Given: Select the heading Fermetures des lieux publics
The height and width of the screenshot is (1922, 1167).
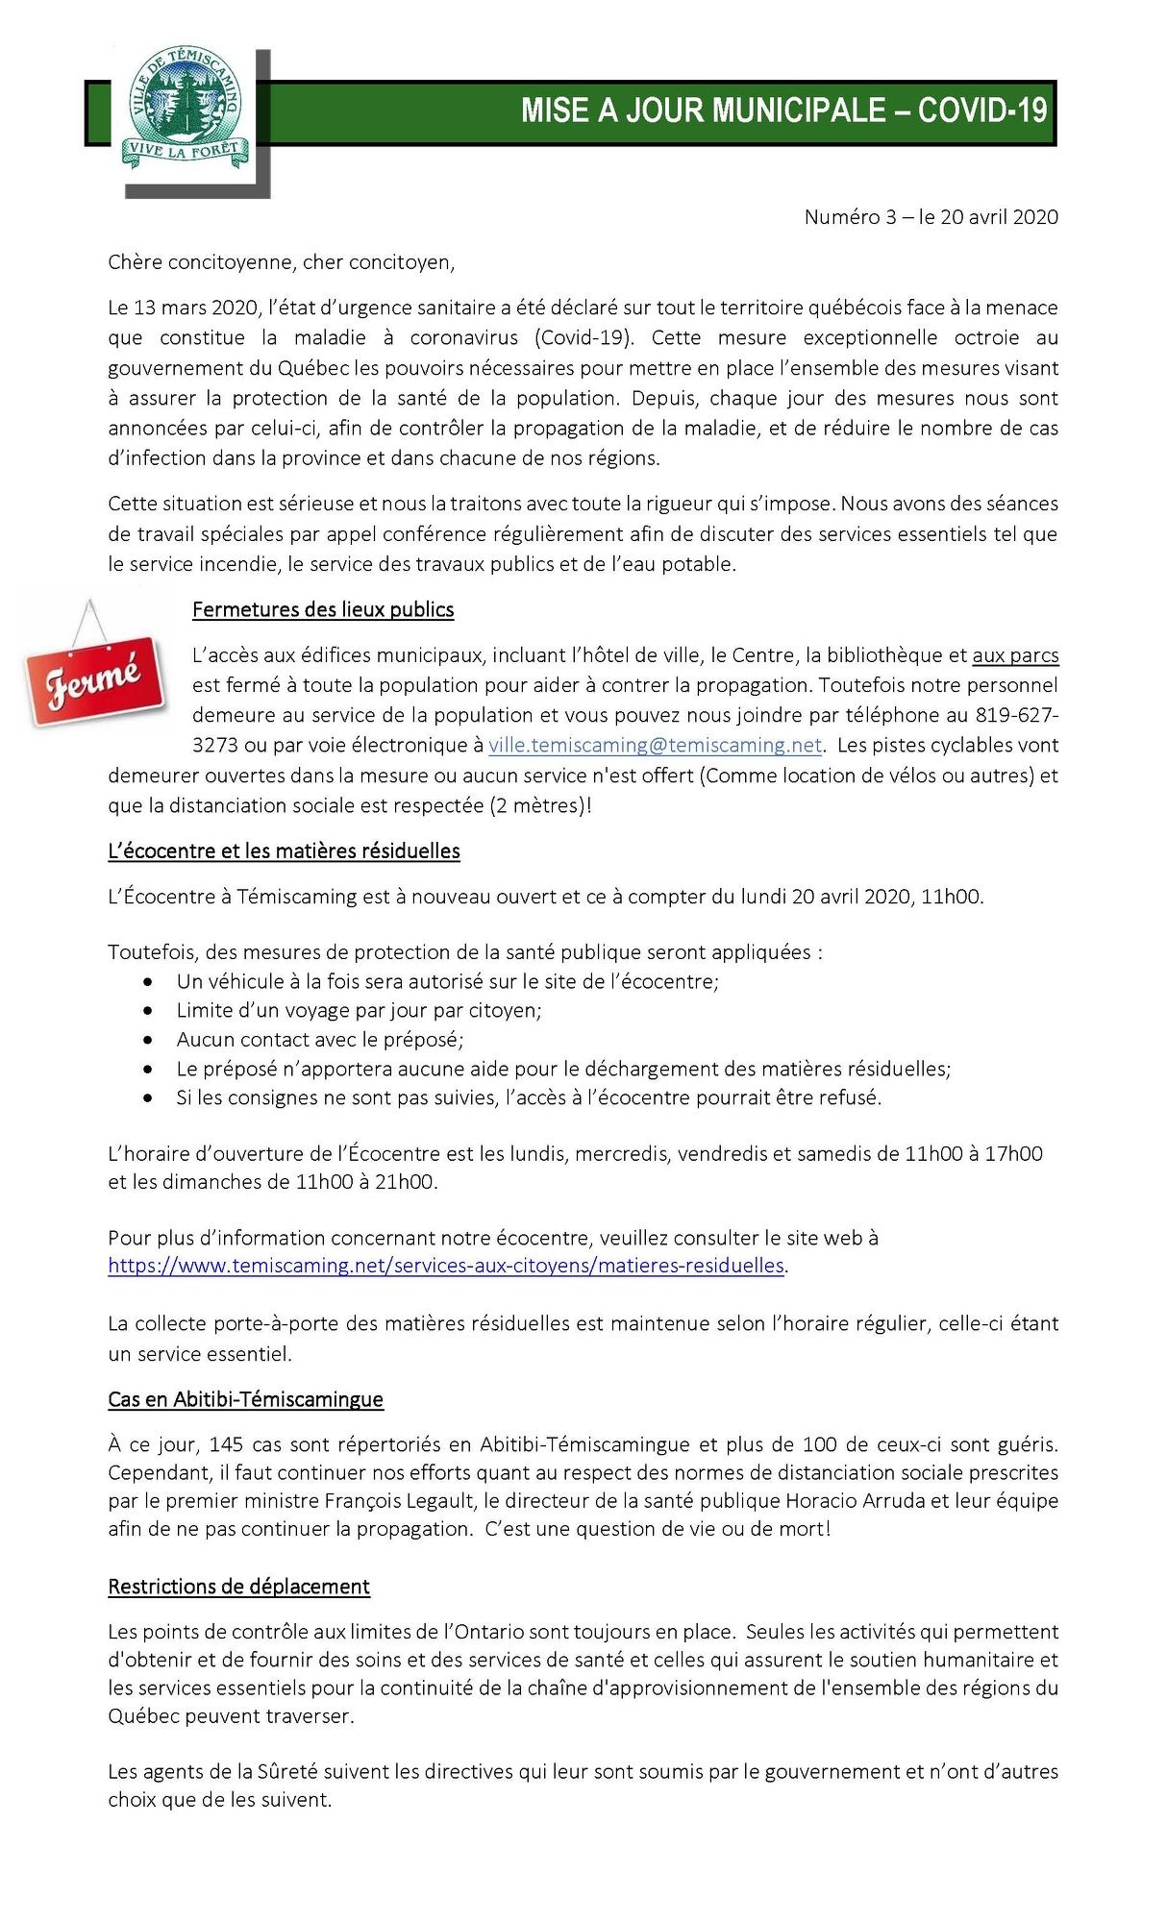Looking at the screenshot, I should [323, 610].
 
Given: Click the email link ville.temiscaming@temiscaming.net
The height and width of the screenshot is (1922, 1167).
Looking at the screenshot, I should [655, 746].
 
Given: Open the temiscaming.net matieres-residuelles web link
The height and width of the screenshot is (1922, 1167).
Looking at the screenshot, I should [446, 1266].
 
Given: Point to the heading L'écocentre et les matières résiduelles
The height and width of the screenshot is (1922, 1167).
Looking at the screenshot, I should [284, 851].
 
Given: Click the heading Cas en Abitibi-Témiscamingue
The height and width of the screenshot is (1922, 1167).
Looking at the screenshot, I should [245, 1399].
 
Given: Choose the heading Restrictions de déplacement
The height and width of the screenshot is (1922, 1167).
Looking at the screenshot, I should [238, 1587].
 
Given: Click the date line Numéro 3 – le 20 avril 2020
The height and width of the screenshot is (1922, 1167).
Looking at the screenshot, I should [931, 217].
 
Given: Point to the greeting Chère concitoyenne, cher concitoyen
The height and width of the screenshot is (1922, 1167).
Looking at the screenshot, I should [281, 262].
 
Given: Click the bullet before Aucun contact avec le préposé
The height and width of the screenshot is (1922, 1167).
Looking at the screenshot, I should [147, 1040].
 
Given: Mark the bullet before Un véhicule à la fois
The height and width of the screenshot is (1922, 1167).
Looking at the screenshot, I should [147, 982].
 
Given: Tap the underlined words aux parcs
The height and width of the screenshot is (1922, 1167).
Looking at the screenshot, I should [1015, 655].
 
